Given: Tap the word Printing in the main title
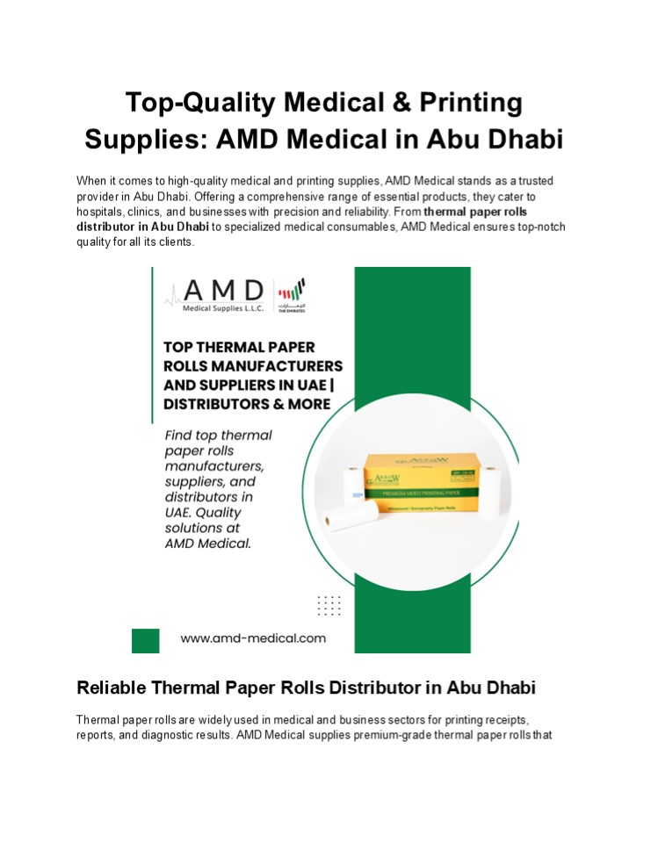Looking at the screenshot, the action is pos(468,104).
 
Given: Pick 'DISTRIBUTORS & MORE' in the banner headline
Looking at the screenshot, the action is pos(248,404).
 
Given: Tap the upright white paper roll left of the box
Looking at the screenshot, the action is pos(351,492).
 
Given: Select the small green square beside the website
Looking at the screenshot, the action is pos(145,640).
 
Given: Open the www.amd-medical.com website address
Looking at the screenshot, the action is pos(253,638).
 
